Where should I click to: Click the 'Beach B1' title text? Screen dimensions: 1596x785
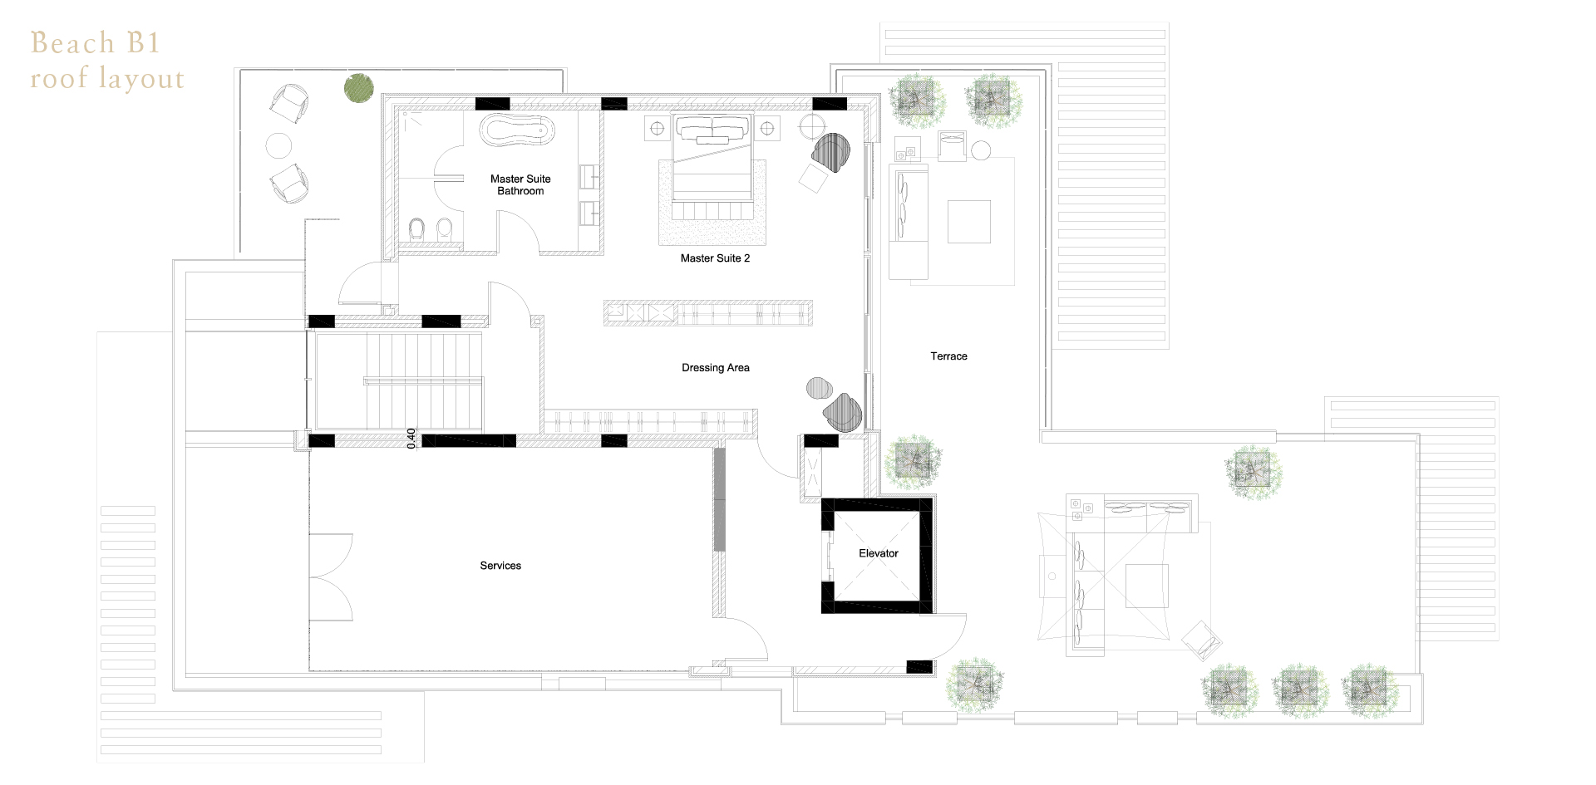(x=95, y=42)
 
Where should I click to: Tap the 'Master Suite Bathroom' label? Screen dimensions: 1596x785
(x=520, y=184)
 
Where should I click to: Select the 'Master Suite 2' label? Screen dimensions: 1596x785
(x=715, y=258)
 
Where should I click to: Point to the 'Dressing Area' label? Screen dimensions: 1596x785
(x=716, y=368)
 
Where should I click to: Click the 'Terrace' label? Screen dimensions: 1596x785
(x=948, y=356)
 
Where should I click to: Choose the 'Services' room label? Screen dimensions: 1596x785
(x=500, y=566)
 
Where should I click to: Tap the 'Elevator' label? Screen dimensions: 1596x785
(x=879, y=553)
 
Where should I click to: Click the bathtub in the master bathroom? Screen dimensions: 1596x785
(x=517, y=130)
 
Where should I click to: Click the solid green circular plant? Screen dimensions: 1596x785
(x=359, y=87)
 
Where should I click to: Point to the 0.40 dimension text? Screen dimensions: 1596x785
(x=411, y=439)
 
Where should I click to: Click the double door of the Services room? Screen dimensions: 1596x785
(x=331, y=577)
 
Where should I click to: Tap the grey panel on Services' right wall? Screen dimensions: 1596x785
(x=719, y=498)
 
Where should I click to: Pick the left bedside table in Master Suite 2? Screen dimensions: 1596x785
(x=658, y=129)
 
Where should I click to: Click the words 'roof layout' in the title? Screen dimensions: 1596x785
(x=107, y=78)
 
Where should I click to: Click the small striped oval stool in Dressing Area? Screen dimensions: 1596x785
(x=820, y=388)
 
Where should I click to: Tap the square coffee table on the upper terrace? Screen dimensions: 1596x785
(x=969, y=221)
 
